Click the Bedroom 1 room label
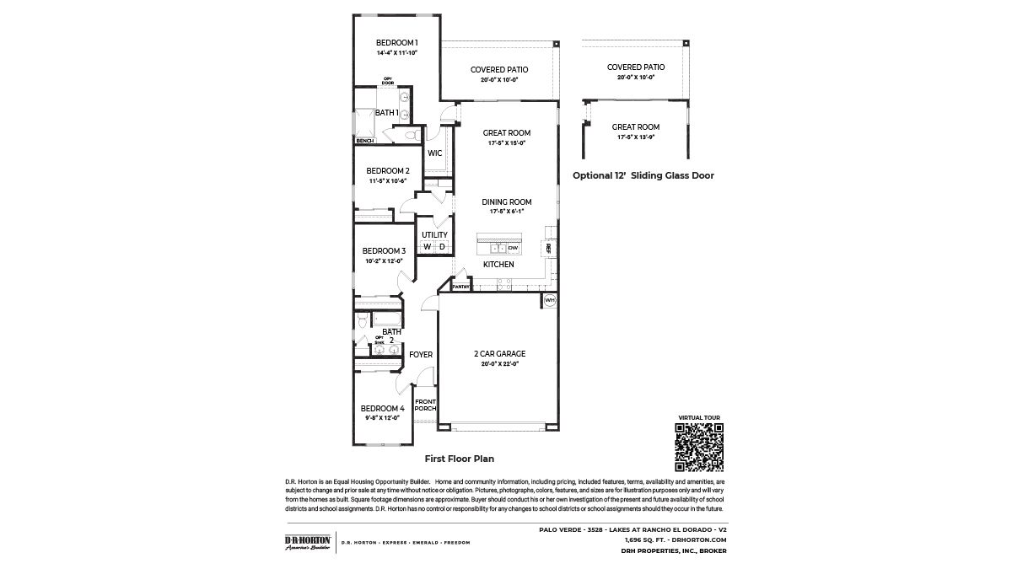pos(397,43)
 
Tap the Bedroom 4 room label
pos(384,408)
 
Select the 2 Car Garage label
pos(499,354)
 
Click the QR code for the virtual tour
pos(699,447)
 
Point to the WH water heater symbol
pos(549,301)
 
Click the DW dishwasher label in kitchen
pos(512,248)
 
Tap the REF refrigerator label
pos(549,248)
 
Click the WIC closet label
pos(435,153)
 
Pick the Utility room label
pos(434,235)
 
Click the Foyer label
pos(421,355)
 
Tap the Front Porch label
pos(425,405)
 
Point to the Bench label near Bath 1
pos(364,141)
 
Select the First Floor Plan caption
pos(459,459)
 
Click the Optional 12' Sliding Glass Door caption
pos(643,176)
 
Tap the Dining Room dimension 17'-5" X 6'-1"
pos(506,212)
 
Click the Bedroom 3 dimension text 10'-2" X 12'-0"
pos(384,261)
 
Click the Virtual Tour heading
pos(699,418)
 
